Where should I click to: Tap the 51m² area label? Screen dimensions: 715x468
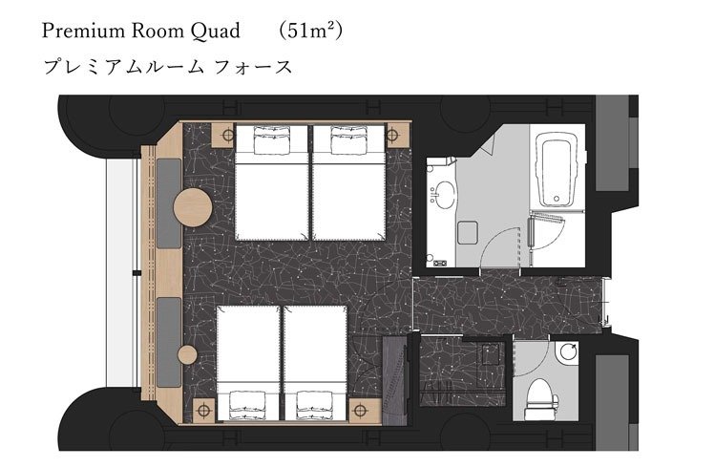[310, 31]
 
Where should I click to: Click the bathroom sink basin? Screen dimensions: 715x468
[442, 195]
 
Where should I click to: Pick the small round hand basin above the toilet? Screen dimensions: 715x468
[569, 352]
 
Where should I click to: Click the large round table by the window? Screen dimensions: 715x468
[193, 207]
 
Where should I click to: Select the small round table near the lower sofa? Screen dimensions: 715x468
[187, 355]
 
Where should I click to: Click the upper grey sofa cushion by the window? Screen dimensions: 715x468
[169, 203]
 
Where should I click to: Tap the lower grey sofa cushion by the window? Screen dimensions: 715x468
[169, 342]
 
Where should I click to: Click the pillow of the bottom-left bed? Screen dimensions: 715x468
[247, 404]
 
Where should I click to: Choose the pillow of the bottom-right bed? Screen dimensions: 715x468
[315, 404]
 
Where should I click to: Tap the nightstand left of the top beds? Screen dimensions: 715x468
[224, 135]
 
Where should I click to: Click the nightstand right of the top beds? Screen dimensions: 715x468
[397, 135]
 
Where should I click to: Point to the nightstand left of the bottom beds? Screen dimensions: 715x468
[204, 410]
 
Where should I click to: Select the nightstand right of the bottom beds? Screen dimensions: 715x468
[365, 410]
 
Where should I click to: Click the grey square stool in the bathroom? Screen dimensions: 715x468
[468, 233]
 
